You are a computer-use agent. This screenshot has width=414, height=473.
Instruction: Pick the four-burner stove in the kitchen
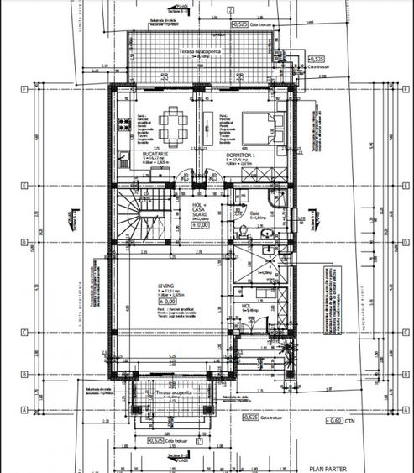pyautogui.click(x=122, y=164)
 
